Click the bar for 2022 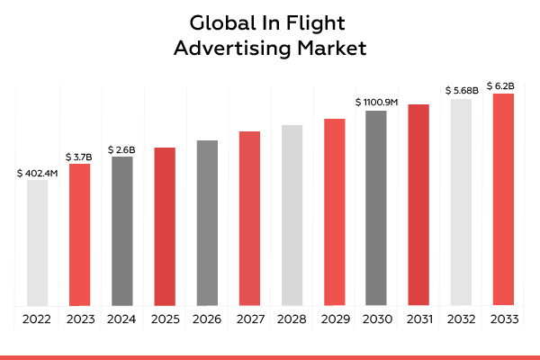coord(37,243)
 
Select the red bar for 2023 coord(80,234)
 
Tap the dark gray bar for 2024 coord(122,230)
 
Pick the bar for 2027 coord(249,218)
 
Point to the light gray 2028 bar coord(292,215)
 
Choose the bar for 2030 coord(376,208)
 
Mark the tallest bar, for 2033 coord(503,199)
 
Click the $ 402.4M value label coord(37,172)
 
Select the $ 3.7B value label coord(80,156)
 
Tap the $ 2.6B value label coord(122,148)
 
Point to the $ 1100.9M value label coord(376,102)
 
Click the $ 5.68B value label coord(461,90)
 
